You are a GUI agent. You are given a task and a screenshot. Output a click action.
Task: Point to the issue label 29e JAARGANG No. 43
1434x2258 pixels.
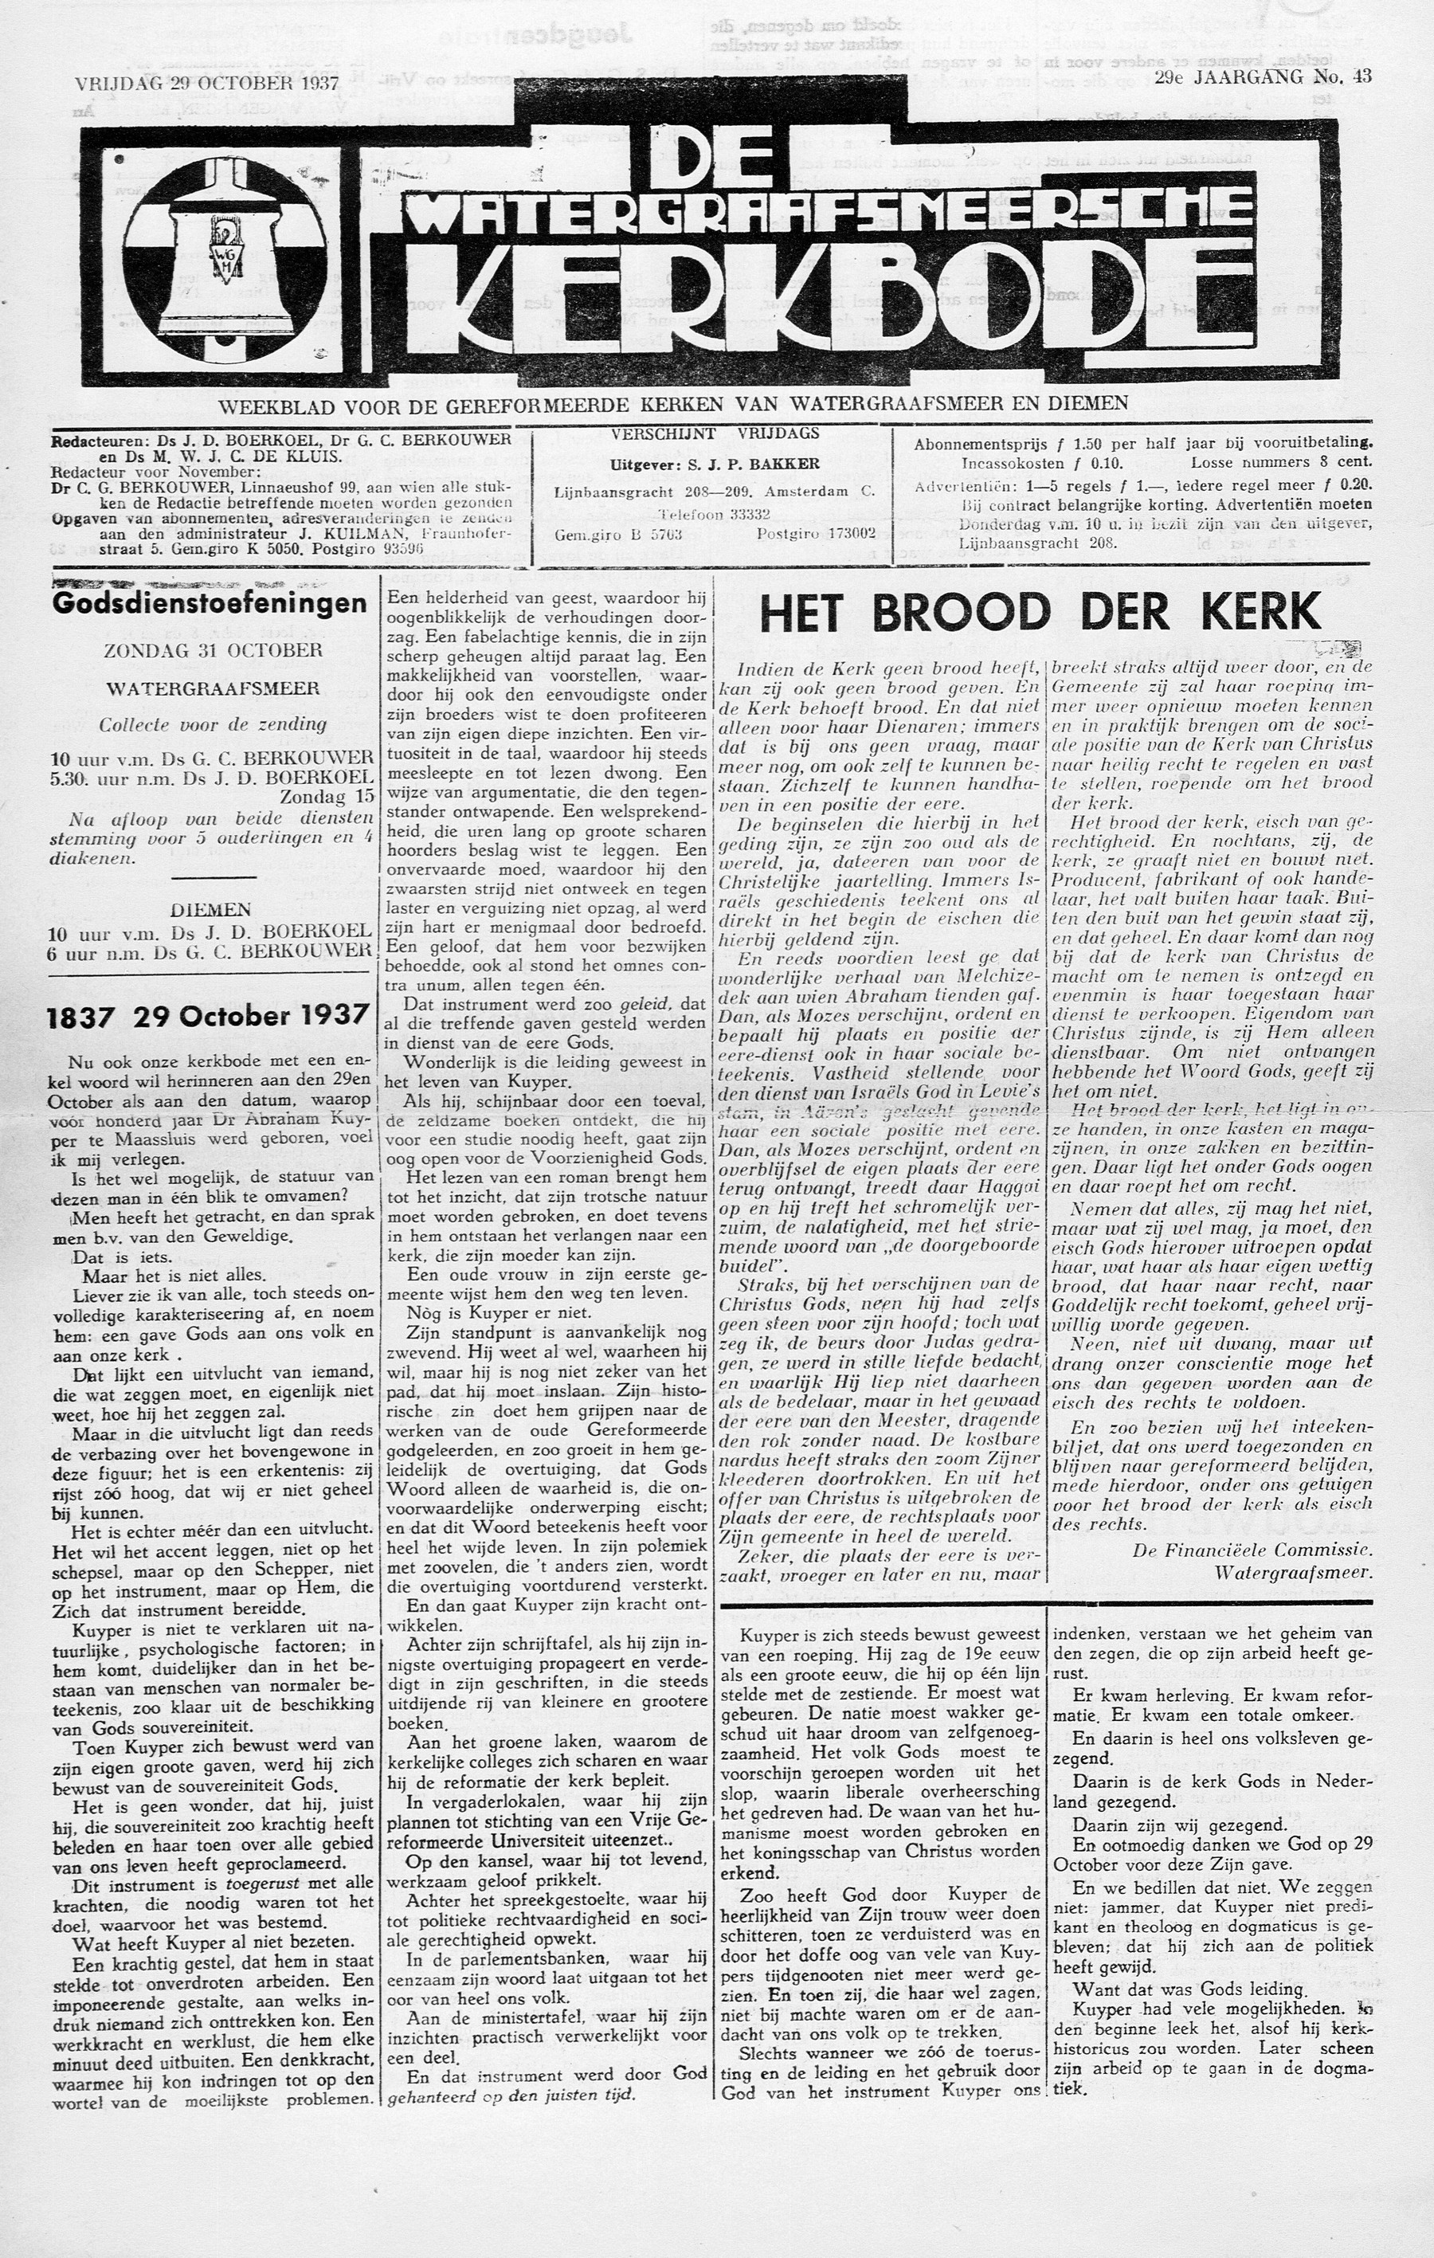1264,78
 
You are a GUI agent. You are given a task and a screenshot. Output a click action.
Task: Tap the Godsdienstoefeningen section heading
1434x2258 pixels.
210,603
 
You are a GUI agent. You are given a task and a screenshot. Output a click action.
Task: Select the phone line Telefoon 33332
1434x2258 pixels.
715,514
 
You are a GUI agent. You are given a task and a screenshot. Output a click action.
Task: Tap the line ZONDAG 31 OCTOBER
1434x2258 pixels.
213,650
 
